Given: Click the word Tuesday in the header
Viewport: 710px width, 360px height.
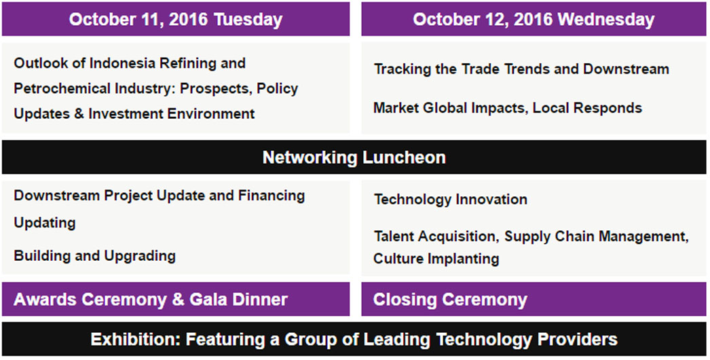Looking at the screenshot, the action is pyautogui.click(x=248, y=20).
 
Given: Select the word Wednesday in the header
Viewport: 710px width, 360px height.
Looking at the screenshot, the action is pyautogui.click(x=606, y=20).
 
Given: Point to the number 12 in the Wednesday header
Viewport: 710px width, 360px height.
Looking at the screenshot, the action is pyautogui.click(x=500, y=20).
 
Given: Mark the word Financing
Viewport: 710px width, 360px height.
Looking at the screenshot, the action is pyautogui.click(x=272, y=196).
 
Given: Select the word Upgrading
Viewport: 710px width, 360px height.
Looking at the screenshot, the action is pyautogui.click(x=140, y=256).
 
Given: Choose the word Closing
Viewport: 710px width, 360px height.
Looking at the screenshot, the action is pyautogui.click(x=405, y=300).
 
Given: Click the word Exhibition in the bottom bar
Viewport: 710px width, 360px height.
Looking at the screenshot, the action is pyautogui.click(x=134, y=340).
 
